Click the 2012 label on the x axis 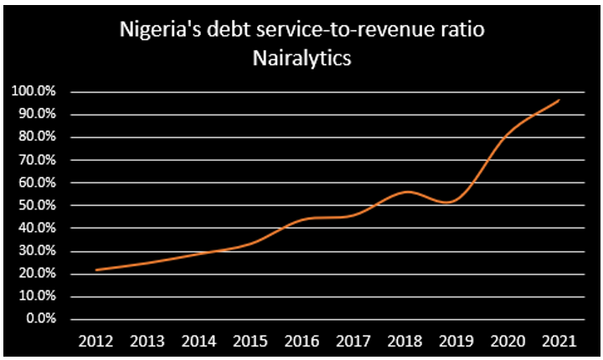tap(96, 341)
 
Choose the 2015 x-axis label tap(250, 341)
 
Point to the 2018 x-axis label tap(405, 341)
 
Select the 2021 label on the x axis tap(559, 341)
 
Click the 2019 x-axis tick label tap(456, 341)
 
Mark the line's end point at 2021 tap(559, 100)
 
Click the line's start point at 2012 tap(96, 270)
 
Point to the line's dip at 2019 tap(453, 202)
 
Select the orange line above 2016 tap(301, 219)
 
